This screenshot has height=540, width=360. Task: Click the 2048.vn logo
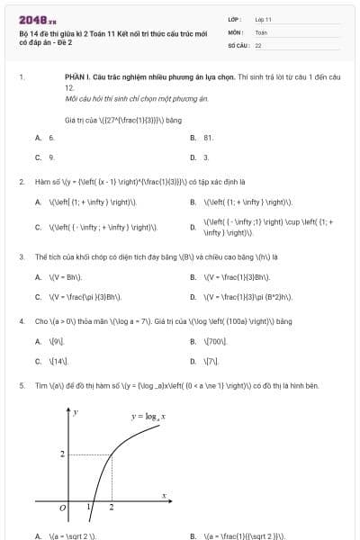[38, 19]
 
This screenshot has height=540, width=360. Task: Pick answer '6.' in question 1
[51, 138]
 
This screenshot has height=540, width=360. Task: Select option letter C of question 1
[38, 157]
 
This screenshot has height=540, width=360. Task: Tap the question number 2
[21, 182]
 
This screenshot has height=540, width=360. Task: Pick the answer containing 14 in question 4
[59, 361]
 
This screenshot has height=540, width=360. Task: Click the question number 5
[21, 385]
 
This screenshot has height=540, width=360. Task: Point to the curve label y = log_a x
[150, 416]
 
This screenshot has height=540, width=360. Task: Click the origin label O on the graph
[61, 508]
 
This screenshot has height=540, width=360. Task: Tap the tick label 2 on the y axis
[62, 454]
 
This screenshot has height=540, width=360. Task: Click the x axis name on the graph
[165, 494]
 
